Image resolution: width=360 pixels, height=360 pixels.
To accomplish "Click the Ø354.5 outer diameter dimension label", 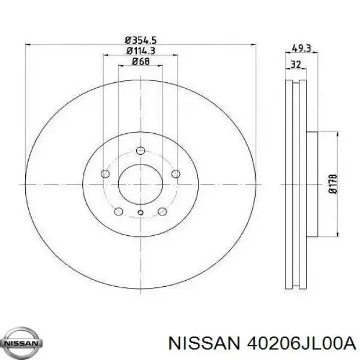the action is (140, 40).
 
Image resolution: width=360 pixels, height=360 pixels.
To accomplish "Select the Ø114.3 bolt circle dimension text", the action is (140, 51).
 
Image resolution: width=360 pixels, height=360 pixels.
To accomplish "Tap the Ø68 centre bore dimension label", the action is (140, 61).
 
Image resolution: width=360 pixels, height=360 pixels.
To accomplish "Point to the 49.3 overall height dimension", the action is (301, 49).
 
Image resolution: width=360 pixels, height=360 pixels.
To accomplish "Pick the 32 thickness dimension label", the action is (295, 64).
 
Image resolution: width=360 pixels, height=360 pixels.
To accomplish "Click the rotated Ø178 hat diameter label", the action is (333, 184).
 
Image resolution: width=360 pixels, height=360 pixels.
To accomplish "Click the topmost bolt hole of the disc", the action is (140, 151).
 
